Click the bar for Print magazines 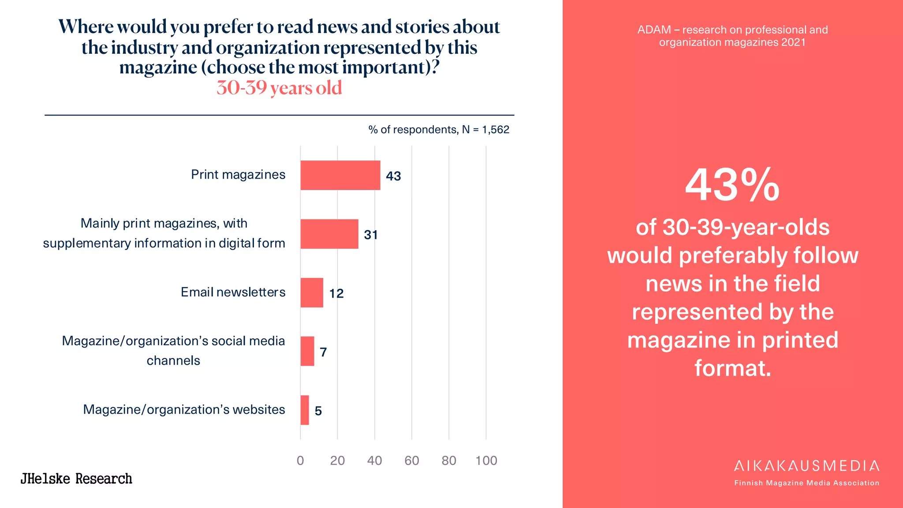[x=340, y=175]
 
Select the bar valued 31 [x=329, y=234]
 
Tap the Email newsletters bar [x=312, y=292]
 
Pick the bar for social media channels [x=307, y=351]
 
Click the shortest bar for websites [x=305, y=410]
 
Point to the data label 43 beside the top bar [x=393, y=176]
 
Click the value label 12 [x=336, y=293]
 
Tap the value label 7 [x=323, y=352]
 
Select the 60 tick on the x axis [x=411, y=460]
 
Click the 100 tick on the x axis [x=486, y=460]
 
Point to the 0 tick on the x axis [x=300, y=460]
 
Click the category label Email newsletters [x=233, y=292]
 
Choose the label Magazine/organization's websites [x=184, y=409]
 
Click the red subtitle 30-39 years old [x=279, y=88]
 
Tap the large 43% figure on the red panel [x=732, y=185]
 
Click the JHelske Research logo [x=76, y=478]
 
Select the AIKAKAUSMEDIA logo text [x=806, y=466]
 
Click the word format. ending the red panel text [x=732, y=368]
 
